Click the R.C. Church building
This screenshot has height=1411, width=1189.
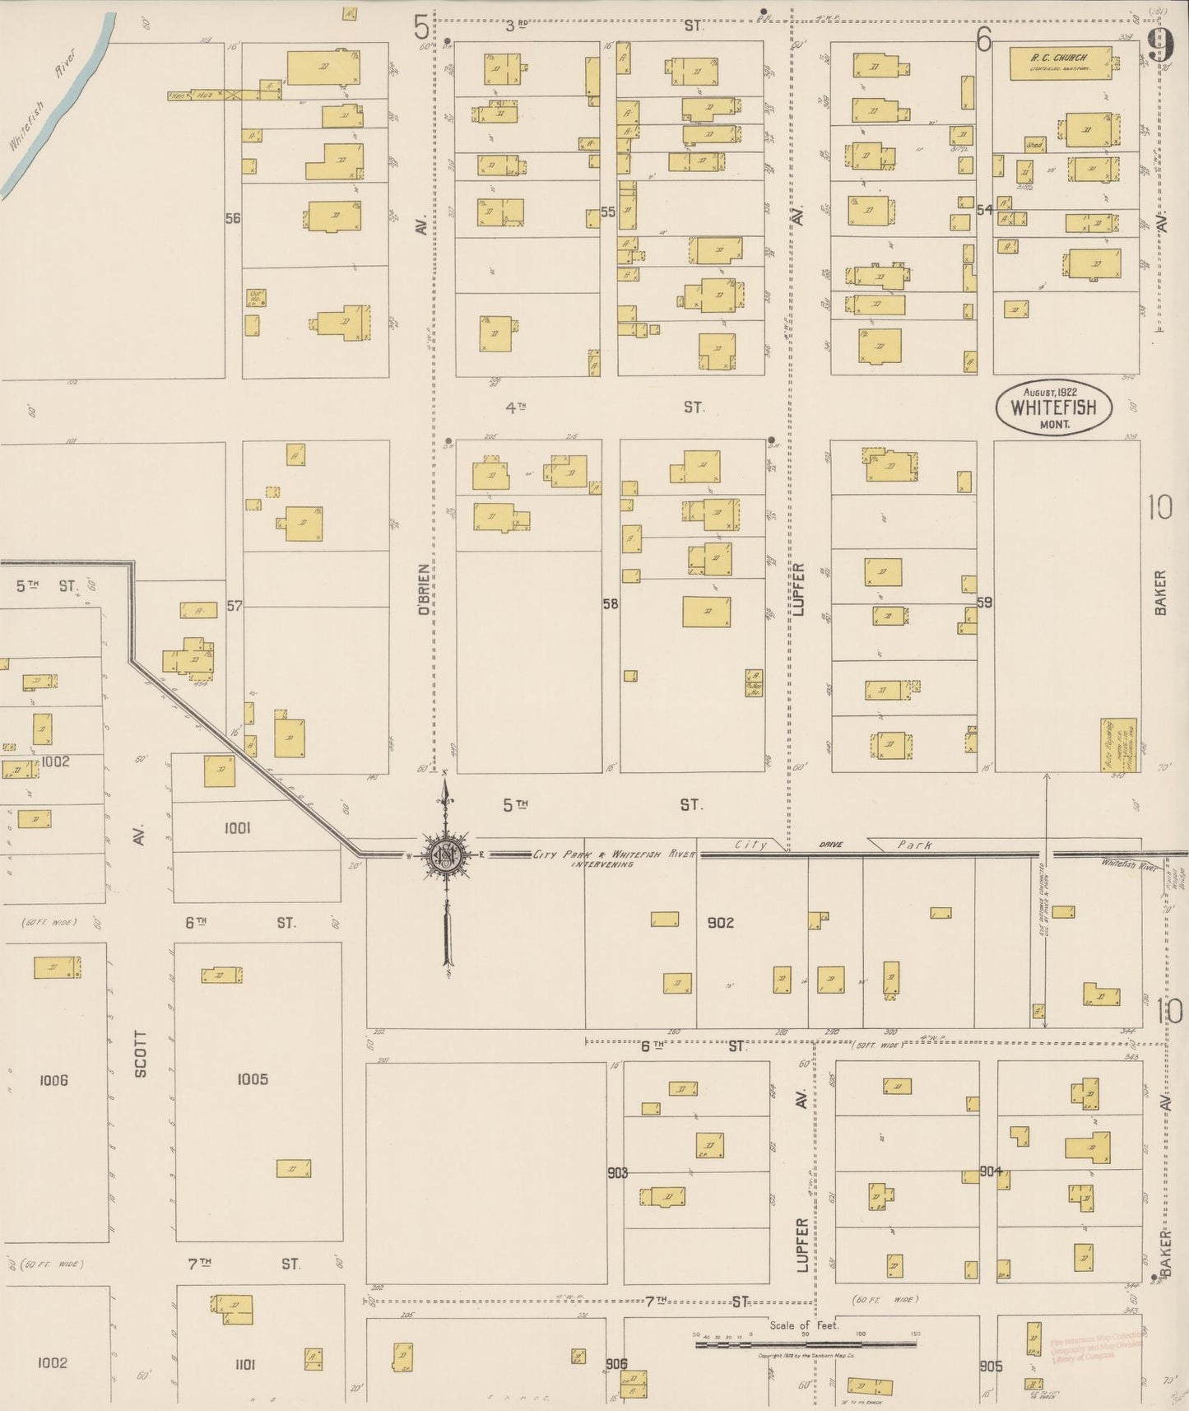(x=1060, y=63)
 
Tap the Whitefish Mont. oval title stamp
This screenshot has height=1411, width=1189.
(x=1055, y=407)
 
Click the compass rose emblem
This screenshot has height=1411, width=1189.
(x=445, y=855)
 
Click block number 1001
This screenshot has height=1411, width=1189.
(x=237, y=828)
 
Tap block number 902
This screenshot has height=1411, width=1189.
(x=720, y=923)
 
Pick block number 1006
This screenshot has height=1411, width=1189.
(x=53, y=1079)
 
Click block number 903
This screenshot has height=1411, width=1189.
(x=617, y=1172)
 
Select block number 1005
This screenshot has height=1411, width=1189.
(x=252, y=1079)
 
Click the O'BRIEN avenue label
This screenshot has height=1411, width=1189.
(x=423, y=589)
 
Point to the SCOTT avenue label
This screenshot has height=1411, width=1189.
(x=141, y=1054)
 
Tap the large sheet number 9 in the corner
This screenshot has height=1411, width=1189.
(x=1160, y=45)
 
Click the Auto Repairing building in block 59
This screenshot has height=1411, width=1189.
(x=1118, y=745)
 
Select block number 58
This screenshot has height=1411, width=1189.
(x=611, y=603)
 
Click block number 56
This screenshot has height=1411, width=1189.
(x=233, y=218)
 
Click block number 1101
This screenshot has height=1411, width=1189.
(x=244, y=1363)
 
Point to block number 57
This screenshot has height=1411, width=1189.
(x=235, y=606)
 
